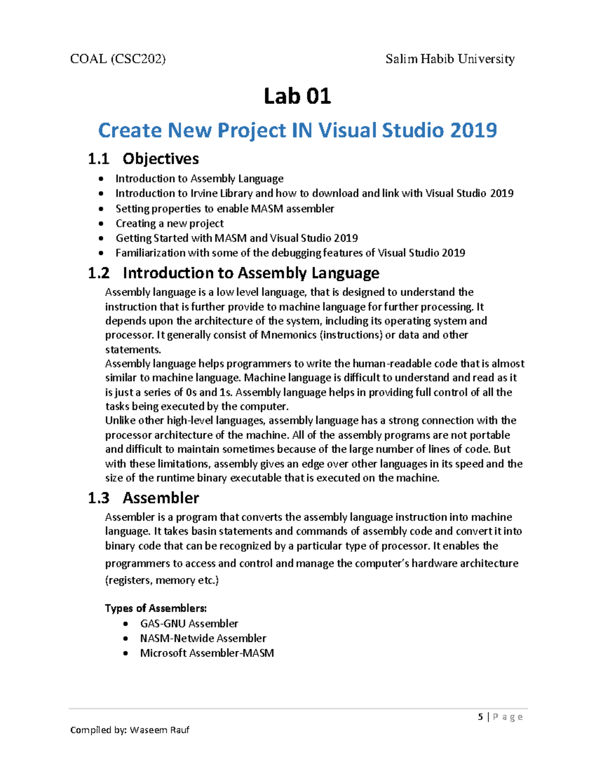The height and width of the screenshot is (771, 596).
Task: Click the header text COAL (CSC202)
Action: click(118, 59)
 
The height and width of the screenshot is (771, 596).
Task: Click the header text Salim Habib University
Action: click(449, 59)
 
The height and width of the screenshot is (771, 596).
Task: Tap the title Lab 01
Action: click(297, 96)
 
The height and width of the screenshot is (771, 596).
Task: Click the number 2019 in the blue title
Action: click(473, 130)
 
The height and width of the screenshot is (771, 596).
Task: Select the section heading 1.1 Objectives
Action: click(144, 159)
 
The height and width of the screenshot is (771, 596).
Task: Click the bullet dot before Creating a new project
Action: click(101, 224)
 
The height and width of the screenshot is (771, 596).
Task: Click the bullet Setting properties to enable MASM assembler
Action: click(224, 209)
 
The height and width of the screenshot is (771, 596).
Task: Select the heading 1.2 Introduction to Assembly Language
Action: click(233, 273)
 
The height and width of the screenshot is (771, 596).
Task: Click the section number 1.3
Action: click(98, 498)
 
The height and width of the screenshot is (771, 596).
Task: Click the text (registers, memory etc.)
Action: click(162, 580)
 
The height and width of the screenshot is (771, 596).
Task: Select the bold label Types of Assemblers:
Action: click(155, 608)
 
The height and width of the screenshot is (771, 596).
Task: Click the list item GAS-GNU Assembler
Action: click(189, 624)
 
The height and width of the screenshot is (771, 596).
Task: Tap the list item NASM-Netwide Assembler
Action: click(203, 638)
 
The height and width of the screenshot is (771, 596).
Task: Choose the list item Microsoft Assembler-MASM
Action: click(207, 653)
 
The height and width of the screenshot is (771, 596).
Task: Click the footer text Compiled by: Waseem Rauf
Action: click(130, 730)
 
